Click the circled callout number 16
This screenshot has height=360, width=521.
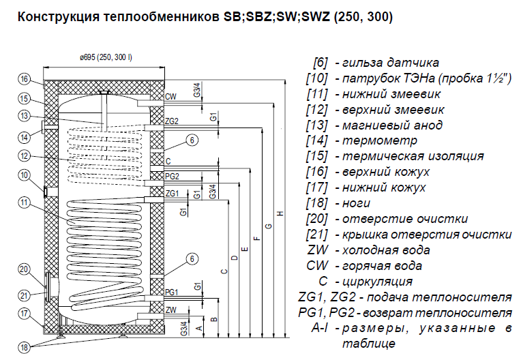coord(25,80)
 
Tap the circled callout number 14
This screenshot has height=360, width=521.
coord(25,137)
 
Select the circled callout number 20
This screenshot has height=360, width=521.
coord(25,270)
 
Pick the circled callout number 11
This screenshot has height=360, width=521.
coord(25,202)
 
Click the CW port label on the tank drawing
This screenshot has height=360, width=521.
coord(170,97)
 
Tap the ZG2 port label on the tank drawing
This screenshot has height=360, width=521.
coord(173,121)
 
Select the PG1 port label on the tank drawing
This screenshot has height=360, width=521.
coord(173,292)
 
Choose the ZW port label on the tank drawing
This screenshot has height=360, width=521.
coord(171,310)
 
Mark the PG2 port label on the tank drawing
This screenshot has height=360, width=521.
coord(173,176)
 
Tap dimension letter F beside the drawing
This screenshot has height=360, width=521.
coord(256,239)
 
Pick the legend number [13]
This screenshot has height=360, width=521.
coord(318,125)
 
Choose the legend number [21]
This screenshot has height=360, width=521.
coord(318,235)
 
